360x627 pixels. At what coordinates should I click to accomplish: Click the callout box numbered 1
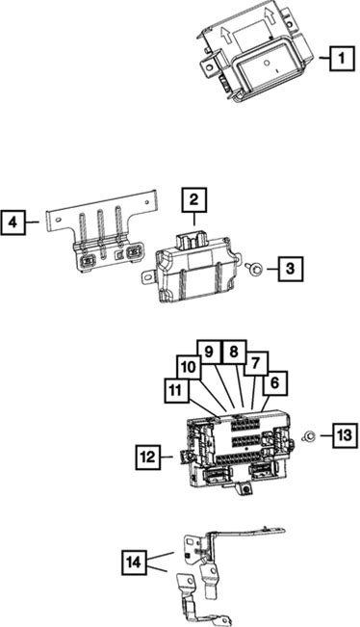click(x=342, y=59)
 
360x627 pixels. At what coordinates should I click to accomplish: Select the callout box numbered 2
click(x=194, y=200)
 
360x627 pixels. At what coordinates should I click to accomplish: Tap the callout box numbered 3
click(x=290, y=269)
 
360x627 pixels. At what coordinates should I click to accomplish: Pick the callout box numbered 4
click(x=13, y=222)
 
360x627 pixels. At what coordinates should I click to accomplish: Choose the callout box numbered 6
click(x=275, y=383)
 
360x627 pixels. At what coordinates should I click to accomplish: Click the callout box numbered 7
click(x=256, y=363)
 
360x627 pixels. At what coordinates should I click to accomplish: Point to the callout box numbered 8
click(x=235, y=352)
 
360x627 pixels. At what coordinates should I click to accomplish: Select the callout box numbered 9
click(x=210, y=352)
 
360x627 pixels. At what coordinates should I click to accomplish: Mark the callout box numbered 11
click(x=176, y=390)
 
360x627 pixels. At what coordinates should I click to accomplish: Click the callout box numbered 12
click(x=148, y=457)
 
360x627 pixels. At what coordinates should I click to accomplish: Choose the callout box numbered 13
click(x=345, y=434)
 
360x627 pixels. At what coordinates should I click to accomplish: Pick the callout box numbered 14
click(x=134, y=562)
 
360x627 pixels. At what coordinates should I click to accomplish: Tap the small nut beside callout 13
click(x=308, y=435)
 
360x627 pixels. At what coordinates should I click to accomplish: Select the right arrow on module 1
click(x=269, y=19)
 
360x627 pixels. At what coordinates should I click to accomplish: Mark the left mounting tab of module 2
click(x=148, y=275)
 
